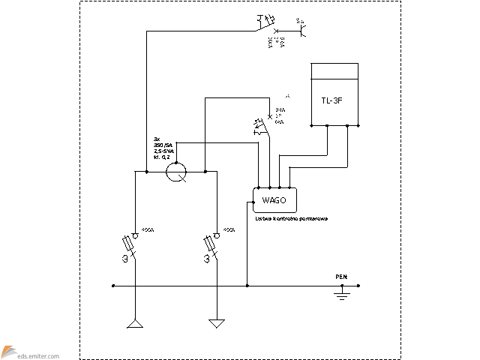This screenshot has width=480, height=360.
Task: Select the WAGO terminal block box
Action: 274,199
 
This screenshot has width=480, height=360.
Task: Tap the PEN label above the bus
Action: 341,277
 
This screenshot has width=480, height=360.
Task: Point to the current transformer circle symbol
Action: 177,172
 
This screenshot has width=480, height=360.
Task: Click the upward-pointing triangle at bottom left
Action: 135,324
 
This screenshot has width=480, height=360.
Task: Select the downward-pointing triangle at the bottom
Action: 217,324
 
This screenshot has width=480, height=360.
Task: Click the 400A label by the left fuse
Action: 147,230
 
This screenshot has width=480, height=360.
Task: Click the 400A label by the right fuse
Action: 228,230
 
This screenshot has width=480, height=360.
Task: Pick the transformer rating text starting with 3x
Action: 163,149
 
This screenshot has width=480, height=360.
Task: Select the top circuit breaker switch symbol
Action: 266,24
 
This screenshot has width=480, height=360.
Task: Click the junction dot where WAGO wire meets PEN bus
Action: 247,285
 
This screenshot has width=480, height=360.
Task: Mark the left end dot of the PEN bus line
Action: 112,285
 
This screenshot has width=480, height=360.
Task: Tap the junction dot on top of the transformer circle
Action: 177,159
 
